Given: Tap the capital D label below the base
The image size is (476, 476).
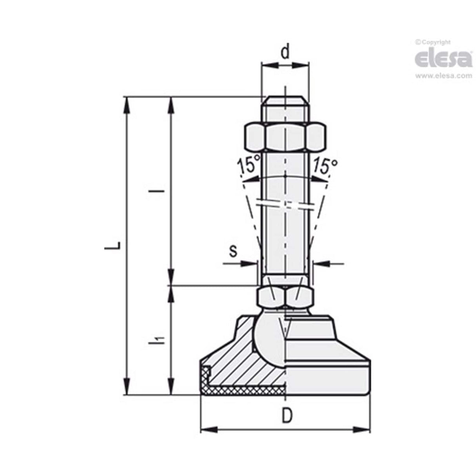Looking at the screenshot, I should coord(287,416).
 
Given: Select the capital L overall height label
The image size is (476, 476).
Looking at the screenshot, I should coord(114,246).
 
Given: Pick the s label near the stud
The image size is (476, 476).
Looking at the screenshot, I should coord(233,251).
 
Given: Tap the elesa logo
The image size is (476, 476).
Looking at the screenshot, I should coord(443,59).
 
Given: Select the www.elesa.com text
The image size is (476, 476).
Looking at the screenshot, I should coord(443,76).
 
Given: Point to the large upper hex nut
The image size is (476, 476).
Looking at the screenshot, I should coord(285,136).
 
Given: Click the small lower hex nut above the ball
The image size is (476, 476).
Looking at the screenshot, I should coord(285,297).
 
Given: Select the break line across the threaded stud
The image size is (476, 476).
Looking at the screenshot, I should coord(285,205).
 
